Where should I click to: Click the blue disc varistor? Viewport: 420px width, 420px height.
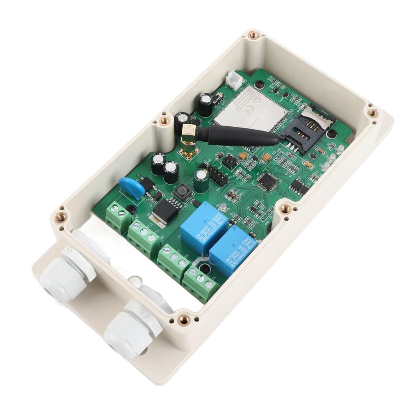click(132, 188)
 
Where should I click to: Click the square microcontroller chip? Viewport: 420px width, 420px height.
click(267, 180)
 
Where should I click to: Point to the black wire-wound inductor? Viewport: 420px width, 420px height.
click(182, 192)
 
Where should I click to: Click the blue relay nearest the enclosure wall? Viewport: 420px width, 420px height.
click(233, 254)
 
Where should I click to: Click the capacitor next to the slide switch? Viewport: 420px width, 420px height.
click(206, 104)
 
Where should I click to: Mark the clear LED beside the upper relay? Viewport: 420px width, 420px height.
click(223, 208)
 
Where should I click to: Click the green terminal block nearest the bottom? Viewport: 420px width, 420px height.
click(200, 282)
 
